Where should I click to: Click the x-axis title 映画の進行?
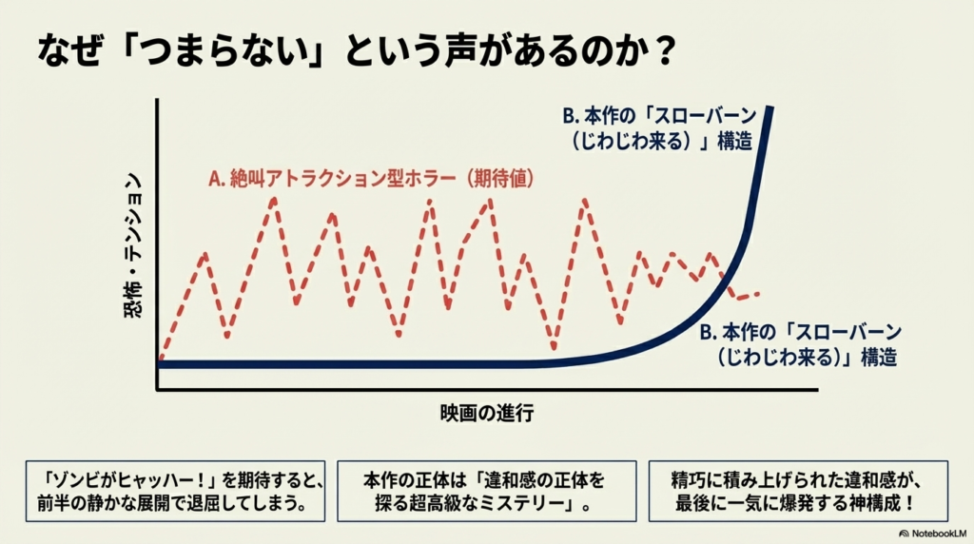(486, 414)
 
